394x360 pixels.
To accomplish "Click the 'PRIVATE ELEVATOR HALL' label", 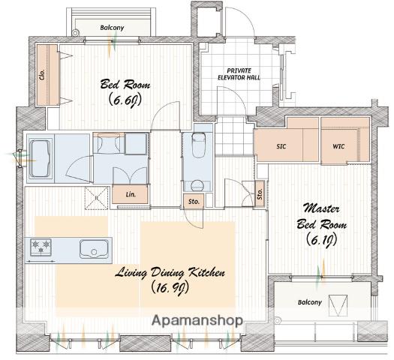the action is pos(239,74).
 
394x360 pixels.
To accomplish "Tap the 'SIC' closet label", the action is pos(281,146).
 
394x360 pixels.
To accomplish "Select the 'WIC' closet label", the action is pos(338,146).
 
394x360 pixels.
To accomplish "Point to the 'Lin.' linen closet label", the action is pos(131,194).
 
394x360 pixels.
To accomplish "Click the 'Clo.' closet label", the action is pos(42,74).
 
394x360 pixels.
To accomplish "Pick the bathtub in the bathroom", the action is pos(41,159).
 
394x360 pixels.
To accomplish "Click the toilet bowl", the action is pos(199,145).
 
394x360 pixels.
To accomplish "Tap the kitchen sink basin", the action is pos(94,249).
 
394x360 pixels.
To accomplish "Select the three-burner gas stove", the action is pos(41,247).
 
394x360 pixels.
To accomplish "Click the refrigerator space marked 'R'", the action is pos(97,198).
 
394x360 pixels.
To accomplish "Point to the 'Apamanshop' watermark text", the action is pos(197,320).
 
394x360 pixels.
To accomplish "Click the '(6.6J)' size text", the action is pos(125,100).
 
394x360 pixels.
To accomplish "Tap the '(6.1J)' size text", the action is pos(322,240).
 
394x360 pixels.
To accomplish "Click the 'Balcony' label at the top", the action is pos(112,28).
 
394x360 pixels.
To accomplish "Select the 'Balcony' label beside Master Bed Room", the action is pos(309,302).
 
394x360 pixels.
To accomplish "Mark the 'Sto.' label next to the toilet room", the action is pos(194,201).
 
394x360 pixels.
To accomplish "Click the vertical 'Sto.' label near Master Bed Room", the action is pos(260,193).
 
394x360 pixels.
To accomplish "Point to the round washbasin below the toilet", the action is pos(197,186).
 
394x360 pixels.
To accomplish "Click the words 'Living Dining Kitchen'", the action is pos(170,273).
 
